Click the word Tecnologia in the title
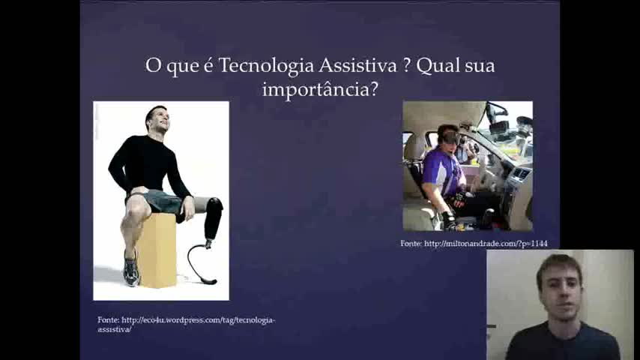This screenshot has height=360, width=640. (x=266, y=66)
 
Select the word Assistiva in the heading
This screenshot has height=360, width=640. (x=357, y=65)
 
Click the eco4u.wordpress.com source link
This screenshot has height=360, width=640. (x=187, y=325)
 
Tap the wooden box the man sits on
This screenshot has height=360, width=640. (x=158, y=250)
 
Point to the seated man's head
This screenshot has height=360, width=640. (x=157, y=118)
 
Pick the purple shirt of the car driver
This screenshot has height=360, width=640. (x=441, y=172)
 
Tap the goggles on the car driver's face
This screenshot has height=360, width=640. (x=450, y=138)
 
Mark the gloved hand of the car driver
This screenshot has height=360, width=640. (x=450, y=220)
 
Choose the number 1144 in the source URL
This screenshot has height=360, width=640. (x=539, y=244)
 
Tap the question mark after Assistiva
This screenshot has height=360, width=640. (x=406, y=65)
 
